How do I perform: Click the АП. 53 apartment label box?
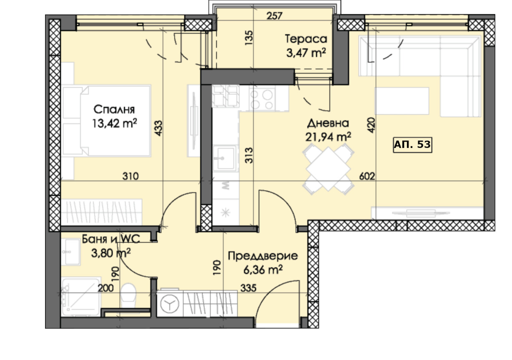point(412,145)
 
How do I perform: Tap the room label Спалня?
point(114,110)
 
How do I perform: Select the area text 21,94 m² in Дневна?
point(328,137)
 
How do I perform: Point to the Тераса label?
point(306,39)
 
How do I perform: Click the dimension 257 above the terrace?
point(274,16)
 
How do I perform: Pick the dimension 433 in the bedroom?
point(158,128)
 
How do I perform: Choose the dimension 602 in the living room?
point(367,176)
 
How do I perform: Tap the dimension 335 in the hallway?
point(248,288)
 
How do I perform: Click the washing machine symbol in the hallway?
point(170,304)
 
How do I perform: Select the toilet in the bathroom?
point(128,296)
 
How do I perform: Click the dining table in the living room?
point(328,169)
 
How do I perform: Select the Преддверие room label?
point(263,256)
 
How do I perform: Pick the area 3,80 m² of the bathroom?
point(111,253)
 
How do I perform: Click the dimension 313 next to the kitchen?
point(249,155)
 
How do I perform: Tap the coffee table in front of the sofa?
point(402,101)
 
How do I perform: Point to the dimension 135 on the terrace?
point(249,37)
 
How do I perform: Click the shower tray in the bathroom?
point(81,297)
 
